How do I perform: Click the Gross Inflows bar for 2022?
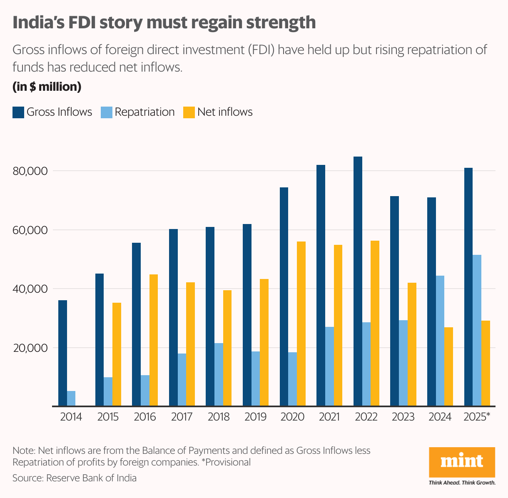pyautogui.click(x=358, y=281)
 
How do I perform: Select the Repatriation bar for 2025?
pyautogui.click(x=477, y=330)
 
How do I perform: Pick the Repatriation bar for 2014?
pyautogui.click(x=71, y=398)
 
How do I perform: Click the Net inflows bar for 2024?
pyautogui.click(x=448, y=366)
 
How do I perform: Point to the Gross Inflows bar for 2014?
pyautogui.click(x=62, y=353)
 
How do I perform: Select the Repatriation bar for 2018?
pyautogui.click(x=219, y=374)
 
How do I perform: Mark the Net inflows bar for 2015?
pyautogui.click(x=117, y=354)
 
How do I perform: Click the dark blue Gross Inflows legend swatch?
pyautogui.click(x=18, y=112)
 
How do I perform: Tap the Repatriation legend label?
pyautogui.click(x=144, y=112)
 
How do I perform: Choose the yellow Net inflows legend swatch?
pyautogui.click(x=189, y=112)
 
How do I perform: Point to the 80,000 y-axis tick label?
pyautogui.click(x=30, y=171)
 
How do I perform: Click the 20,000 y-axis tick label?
pyautogui.click(x=30, y=348)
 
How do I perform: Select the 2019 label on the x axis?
pyautogui.click(x=255, y=417)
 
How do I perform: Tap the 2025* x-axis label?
pyautogui.click(x=477, y=417)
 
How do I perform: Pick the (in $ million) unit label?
pyautogui.click(x=47, y=87)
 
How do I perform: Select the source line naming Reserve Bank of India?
pyautogui.click(x=75, y=478)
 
